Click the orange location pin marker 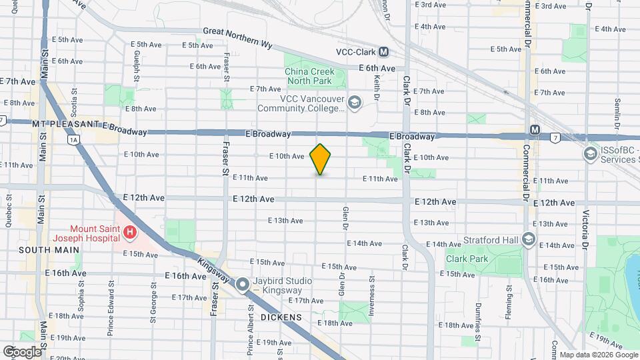[321, 159]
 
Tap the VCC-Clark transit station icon [383, 52]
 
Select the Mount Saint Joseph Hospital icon [131, 233]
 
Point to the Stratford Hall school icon [529, 239]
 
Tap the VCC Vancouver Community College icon [354, 102]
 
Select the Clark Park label [465, 258]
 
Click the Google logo [21, 351]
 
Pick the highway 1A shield [73, 139]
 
